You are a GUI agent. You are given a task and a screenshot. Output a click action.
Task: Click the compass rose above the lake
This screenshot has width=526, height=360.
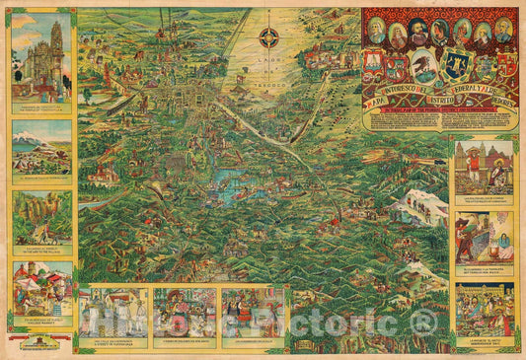[268, 39]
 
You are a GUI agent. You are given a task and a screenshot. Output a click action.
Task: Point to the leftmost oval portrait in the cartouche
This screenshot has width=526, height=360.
[376, 30]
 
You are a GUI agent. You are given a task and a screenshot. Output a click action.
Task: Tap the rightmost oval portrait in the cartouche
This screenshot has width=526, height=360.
[503, 30]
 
